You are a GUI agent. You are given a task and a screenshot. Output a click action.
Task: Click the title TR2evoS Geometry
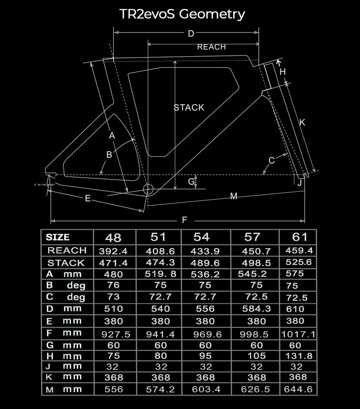182,14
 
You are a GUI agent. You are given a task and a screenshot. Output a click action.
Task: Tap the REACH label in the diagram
211,47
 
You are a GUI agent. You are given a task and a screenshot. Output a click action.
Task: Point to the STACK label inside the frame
189,108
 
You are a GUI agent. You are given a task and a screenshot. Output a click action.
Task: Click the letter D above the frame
191,34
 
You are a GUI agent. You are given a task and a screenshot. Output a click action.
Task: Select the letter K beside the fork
302,122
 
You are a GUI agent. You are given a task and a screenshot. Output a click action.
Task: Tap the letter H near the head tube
283,72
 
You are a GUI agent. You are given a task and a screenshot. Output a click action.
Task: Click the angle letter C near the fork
272,160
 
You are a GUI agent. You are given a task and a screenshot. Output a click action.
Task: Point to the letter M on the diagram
234,196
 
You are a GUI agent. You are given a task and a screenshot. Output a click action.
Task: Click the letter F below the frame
184,220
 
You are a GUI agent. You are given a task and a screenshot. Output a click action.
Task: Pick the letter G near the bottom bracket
192,182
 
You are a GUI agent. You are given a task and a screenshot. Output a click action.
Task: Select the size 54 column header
201,237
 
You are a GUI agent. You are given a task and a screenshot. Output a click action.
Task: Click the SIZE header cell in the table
58,237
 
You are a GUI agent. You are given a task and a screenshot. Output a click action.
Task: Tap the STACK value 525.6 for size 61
299,262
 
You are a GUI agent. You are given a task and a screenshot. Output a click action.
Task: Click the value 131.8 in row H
298,356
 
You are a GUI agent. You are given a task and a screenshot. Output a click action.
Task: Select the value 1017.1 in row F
298,334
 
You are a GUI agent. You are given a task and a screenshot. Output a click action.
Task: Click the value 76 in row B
113,286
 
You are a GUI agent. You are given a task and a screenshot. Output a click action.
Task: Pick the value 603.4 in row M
206,390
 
